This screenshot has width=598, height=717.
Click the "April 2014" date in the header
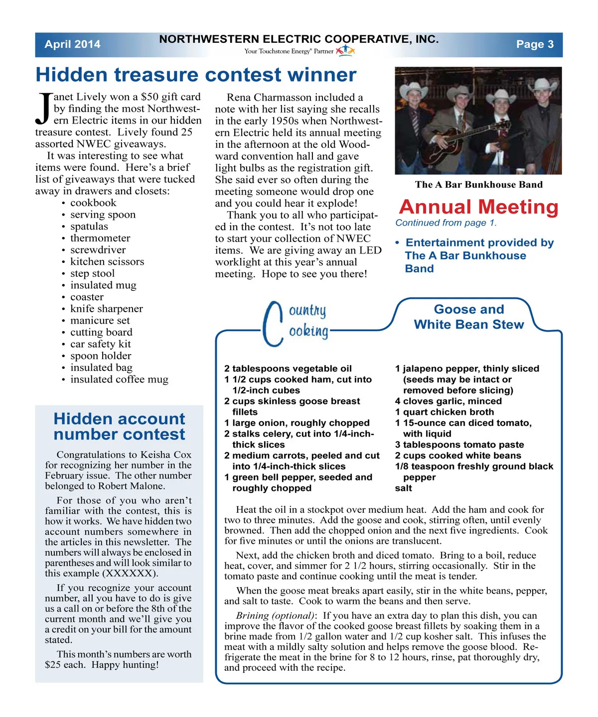click(x=72, y=44)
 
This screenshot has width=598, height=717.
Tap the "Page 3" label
click(x=535, y=44)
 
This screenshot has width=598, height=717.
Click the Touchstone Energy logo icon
click(x=345, y=51)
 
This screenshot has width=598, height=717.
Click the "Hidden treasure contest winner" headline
click(x=196, y=75)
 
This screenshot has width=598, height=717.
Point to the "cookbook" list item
click(x=93, y=203)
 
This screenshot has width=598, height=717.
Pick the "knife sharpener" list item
click(x=106, y=309)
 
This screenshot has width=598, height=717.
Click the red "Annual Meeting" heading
click(x=478, y=207)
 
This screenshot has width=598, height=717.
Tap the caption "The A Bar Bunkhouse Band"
click(x=478, y=185)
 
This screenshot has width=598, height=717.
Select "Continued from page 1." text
click(x=446, y=223)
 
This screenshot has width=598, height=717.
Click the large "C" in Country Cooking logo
click(x=272, y=324)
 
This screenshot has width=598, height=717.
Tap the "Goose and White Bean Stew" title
click(x=468, y=317)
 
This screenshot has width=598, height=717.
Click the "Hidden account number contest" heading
click(x=119, y=426)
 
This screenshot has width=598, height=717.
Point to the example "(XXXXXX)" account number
click(x=130, y=573)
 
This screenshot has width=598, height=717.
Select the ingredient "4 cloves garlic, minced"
click(x=448, y=401)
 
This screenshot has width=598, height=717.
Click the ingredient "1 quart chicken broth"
click(x=444, y=412)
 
